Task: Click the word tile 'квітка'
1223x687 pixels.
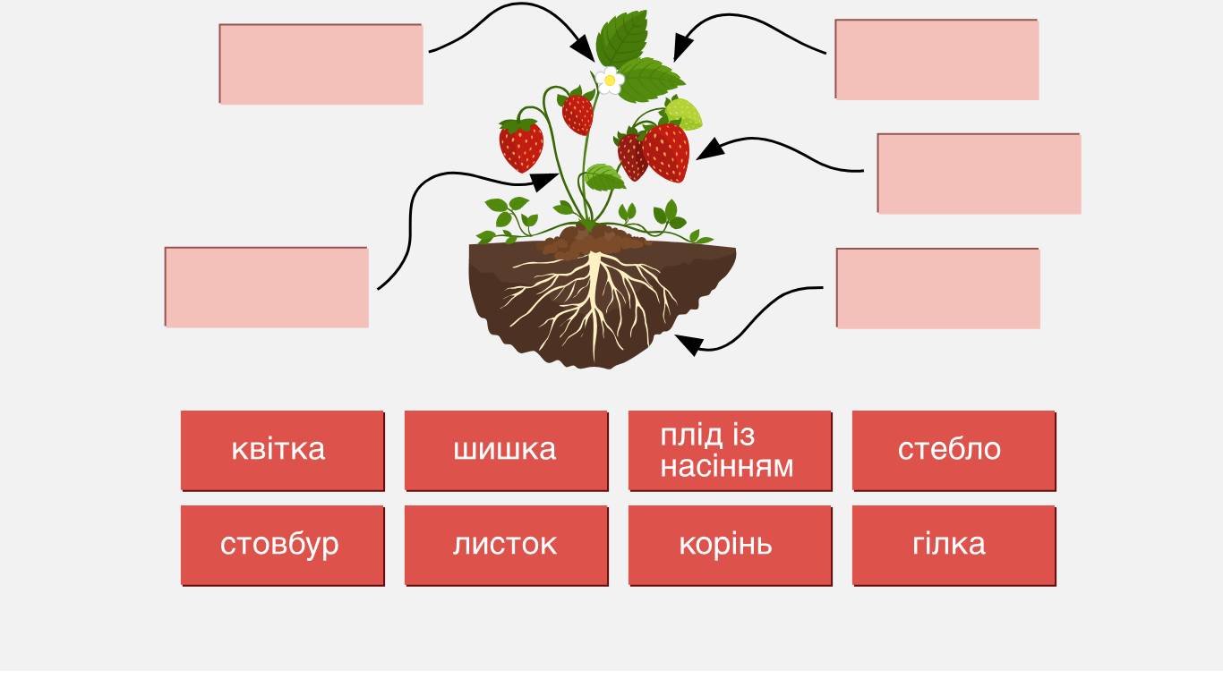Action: [x=282, y=451]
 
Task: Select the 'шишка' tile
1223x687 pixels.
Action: [x=506, y=451]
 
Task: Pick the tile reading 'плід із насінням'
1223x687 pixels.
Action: [x=730, y=451]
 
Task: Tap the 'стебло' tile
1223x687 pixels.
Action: [x=954, y=451]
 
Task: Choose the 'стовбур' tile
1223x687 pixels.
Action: [x=282, y=546]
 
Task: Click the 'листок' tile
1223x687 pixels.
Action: [x=506, y=546]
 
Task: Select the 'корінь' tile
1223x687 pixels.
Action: [x=730, y=546]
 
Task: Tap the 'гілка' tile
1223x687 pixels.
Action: [x=954, y=546]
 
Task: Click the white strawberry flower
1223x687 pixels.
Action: [x=610, y=81]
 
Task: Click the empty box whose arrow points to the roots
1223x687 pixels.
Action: [x=938, y=289]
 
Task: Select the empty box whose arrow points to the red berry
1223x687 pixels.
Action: [x=979, y=174]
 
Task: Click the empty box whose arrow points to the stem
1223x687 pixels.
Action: [x=267, y=287]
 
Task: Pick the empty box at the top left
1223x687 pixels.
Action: [x=321, y=64]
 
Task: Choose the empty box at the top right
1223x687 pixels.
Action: [x=936, y=59]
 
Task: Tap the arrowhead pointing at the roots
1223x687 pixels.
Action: [x=688, y=343]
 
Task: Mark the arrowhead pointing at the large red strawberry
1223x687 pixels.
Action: [x=710, y=149]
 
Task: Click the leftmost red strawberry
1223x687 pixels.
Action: [x=521, y=145]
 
